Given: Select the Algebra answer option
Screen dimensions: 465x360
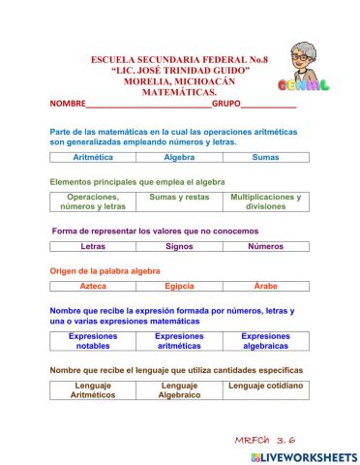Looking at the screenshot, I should [x=179, y=156].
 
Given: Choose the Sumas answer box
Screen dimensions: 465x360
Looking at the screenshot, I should [x=265, y=156].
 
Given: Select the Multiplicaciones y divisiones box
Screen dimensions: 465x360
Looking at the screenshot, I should [x=265, y=201].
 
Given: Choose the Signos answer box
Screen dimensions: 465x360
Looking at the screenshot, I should [x=179, y=246].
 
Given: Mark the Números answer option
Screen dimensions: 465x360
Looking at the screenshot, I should [x=265, y=246].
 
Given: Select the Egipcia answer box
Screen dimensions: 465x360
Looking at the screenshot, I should [x=179, y=287].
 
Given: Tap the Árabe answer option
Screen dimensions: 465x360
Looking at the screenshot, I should [x=265, y=287].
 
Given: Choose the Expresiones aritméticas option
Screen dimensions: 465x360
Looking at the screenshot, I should [x=179, y=341].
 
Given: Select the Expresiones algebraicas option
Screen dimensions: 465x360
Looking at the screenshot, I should [x=265, y=341].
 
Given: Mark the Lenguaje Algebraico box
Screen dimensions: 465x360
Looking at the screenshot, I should [x=179, y=390].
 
